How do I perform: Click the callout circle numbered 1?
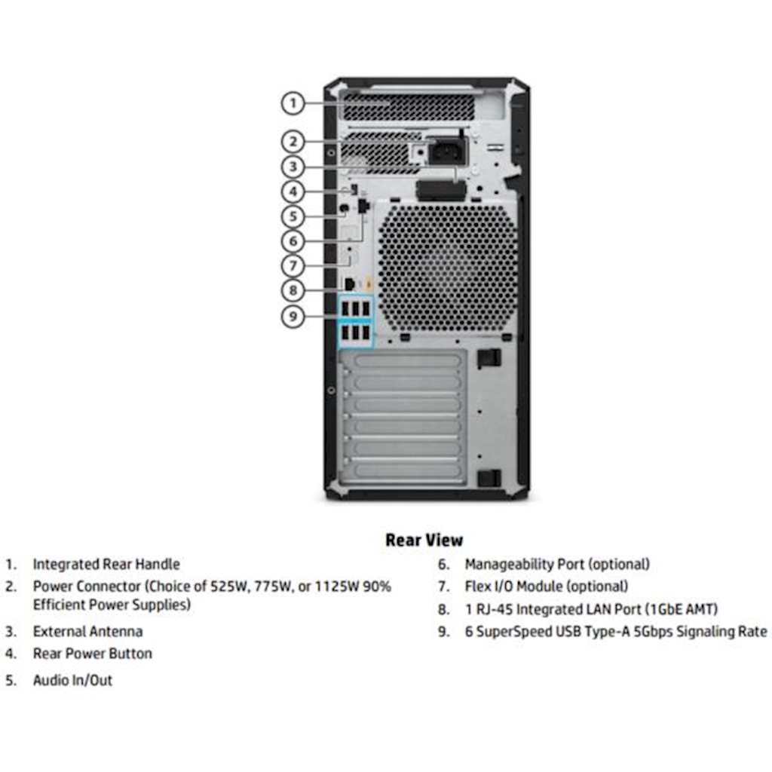pyautogui.click(x=293, y=103)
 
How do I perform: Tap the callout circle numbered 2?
pyautogui.click(x=293, y=141)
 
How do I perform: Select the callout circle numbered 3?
pyautogui.click(x=293, y=167)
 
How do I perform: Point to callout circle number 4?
pyautogui.click(x=293, y=191)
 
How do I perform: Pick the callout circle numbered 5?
pyautogui.click(x=293, y=216)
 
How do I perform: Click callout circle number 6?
pyautogui.click(x=293, y=241)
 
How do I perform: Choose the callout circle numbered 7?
pyautogui.click(x=293, y=265)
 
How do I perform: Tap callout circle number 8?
pyautogui.click(x=293, y=289)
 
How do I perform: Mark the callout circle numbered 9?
pyautogui.click(x=293, y=316)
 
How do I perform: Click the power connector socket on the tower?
pyautogui.click(x=446, y=153)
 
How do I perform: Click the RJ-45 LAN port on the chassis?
pyautogui.click(x=350, y=283)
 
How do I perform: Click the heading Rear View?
pyautogui.click(x=424, y=540)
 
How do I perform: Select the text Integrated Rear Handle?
pyautogui.click(x=106, y=564)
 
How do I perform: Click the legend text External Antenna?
pyautogui.click(x=87, y=631)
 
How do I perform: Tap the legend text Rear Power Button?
pyautogui.click(x=92, y=654)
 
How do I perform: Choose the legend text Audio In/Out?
pyautogui.click(x=72, y=680)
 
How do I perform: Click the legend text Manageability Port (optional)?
pyautogui.click(x=556, y=564)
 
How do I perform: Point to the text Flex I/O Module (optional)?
pyautogui.click(x=546, y=586)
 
